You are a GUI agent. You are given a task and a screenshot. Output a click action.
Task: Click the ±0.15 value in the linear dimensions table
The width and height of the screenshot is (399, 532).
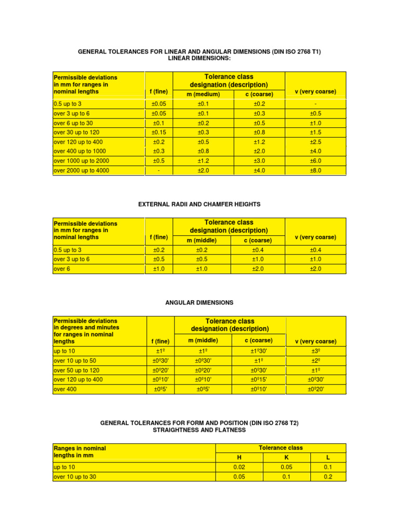coord(158,132)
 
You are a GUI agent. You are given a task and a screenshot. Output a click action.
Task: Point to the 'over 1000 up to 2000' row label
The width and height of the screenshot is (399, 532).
coord(81,161)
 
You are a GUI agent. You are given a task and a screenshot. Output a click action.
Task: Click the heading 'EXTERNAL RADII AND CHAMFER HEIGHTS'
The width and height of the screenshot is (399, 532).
coord(199,205)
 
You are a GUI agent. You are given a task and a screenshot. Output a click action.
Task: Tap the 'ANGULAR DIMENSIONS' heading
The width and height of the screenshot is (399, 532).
coord(199,302)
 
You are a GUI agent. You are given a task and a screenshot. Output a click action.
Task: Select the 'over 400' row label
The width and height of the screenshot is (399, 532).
coord(65,389)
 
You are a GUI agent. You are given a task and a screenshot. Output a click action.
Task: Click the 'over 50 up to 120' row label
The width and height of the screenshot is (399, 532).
coord(77,370)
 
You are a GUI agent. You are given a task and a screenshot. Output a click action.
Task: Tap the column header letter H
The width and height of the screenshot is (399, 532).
coord(240,458)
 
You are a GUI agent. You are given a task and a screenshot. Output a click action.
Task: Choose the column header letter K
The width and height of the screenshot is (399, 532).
coord(287,458)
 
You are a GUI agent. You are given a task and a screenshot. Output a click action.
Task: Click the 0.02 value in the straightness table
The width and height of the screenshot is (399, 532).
coord(240,467)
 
